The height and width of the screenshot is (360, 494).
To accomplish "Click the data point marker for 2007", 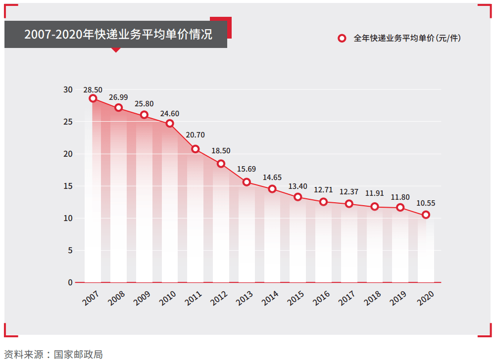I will click(x=93, y=98).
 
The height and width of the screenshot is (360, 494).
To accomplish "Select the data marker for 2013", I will click(x=247, y=182).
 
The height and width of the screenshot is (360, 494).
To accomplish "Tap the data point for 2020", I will click(x=426, y=215).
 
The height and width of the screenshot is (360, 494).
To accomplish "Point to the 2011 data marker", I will click(x=196, y=149).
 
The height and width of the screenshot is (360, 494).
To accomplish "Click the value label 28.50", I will click(x=93, y=90).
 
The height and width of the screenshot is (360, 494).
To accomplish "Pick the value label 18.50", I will click(x=221, y=151).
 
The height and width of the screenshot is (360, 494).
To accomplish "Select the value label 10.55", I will click(x=426, y=203).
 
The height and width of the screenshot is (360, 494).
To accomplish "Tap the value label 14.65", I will click(x=272, y=177).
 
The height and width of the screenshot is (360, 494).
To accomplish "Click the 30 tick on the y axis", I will click(x=68, y=90).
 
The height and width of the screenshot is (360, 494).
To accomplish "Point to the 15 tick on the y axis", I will click(x=68, y=186).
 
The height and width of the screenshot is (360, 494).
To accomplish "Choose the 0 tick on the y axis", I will click(x=70, y=282).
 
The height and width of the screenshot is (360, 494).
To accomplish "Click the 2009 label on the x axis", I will click(x=142, y=297).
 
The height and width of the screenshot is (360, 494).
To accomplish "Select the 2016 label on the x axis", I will click(x=321, y=297).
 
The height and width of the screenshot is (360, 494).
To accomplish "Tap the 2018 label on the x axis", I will click(x=372, y=297).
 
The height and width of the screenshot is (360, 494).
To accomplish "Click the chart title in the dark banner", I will click(x=118, y=35).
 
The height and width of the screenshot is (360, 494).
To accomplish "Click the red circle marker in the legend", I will click(x=342, y=39).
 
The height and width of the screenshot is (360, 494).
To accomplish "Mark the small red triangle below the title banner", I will click(x=116, y=50).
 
